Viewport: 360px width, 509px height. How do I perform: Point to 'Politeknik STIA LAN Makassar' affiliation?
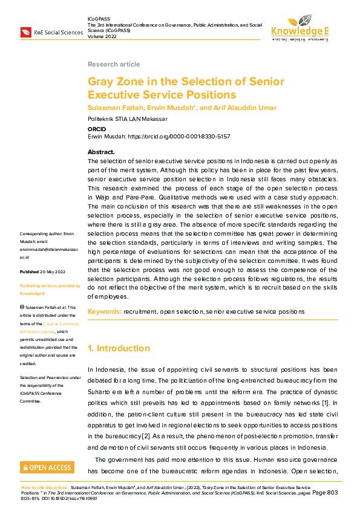click(127, 118)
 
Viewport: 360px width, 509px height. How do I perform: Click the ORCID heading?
click(97, 128)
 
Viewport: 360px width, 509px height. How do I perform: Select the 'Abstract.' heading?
click(101, 152)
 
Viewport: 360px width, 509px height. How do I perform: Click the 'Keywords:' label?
click(104, 311)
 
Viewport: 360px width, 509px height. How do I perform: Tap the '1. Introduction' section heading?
click(119, 348)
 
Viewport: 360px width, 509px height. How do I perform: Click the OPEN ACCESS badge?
click(47, 467)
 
